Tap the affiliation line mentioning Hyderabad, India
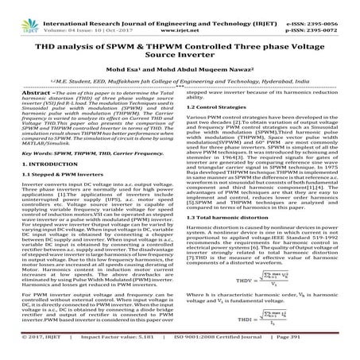[180, 82]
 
